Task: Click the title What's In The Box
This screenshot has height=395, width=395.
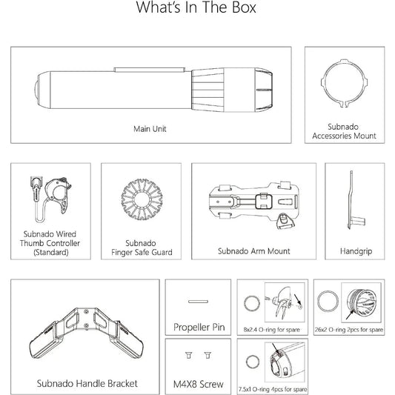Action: pyautogui.click(x=196, y=7)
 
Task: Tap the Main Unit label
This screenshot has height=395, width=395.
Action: pyautogui.click(x=150, y=129)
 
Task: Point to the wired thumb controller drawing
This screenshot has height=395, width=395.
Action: pyautogui.click(x=51, y=199)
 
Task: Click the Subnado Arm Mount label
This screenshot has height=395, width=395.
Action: pyautogui.click(x=254, y=251)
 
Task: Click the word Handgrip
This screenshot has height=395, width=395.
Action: pyautogui.click(x=356, y=251)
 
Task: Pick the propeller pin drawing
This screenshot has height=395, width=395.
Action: pyautogui.click(x=199, y=302)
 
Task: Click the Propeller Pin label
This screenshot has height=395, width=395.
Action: pyautogui.click(x=199, y=327)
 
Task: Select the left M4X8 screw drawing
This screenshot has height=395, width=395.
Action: pyautogui.click(x=189, y=355)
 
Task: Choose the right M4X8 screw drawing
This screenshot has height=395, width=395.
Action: pyautogui.click(x=208, y=355)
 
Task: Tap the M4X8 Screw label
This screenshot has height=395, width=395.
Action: pyautogui.click(x=199, y=384)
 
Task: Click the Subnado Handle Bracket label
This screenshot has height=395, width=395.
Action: pyautogui.click(x=87, y=384)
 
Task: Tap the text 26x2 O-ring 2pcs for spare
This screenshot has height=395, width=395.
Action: pyautogui.click(x=349, y=330)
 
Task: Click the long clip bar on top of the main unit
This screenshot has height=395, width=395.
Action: pyautogui.click(x=149, y=70)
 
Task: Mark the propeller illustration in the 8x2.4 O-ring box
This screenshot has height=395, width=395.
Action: pyautogui.click(x=283, y=302)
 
